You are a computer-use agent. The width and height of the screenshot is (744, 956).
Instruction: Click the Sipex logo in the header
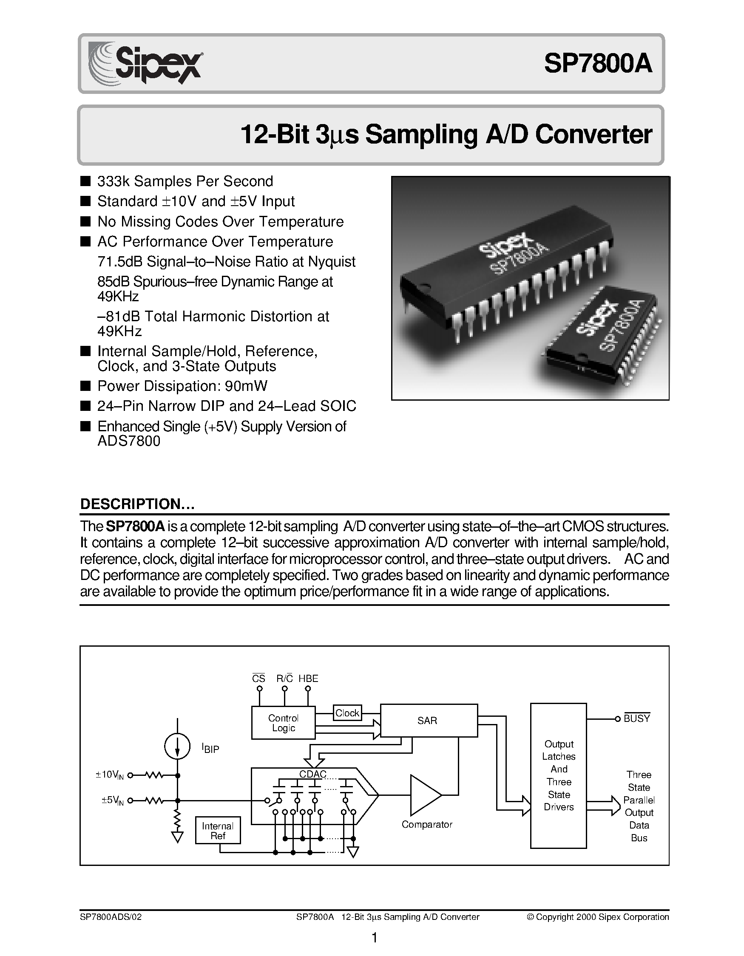145,63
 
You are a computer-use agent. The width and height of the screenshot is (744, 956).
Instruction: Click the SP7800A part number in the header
598,64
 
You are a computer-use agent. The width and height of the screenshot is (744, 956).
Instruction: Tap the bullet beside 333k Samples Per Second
85,181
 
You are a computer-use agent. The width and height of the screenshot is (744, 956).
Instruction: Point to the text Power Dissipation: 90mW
182,386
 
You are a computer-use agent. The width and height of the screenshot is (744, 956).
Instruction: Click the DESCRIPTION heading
137,504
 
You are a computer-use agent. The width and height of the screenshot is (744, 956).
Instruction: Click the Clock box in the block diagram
347,713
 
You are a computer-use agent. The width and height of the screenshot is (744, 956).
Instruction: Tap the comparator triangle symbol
423,795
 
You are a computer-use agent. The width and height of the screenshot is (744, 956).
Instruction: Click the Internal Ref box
218,830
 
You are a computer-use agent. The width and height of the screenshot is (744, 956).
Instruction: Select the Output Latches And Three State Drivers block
558,775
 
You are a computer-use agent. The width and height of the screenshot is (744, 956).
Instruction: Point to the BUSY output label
637,719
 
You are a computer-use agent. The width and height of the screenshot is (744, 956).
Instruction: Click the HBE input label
308,679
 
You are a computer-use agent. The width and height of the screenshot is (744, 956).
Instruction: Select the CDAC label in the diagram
312,773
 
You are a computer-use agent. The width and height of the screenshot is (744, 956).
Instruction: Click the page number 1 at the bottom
375,937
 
